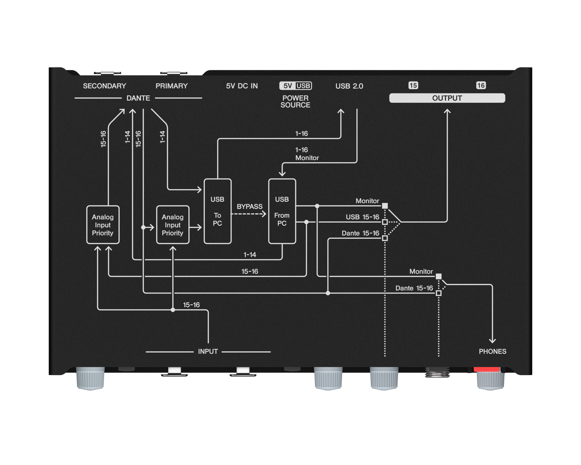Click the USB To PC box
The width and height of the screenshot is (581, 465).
pos(218,211)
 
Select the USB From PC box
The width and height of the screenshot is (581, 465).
pos(282,211)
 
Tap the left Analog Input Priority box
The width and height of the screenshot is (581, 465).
pos(103,225)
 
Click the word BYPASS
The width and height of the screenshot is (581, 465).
pos(249,206)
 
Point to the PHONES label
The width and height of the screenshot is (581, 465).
pos(492,351)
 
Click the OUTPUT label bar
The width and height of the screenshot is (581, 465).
pos(447,98)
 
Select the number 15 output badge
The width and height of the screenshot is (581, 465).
pos(413,85)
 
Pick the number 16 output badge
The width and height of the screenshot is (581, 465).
pos(481,85)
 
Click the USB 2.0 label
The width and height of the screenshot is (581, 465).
pos(349,86)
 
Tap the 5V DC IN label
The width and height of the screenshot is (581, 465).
pos(242,86)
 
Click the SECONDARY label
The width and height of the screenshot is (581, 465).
pos(105,86)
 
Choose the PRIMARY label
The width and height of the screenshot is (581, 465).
pos(171,86)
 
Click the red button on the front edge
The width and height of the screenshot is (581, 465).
pos(487,369)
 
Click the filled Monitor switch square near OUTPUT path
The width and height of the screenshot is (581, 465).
pos(385,206)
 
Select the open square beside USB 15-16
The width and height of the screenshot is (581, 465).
pos(385,222)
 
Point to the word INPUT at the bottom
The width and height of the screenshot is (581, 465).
pos(208,351)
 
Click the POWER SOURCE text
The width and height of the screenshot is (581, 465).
pos(295,101)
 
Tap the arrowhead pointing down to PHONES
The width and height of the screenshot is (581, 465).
pos(492,340)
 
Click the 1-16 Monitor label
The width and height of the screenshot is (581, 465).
pos(306,154)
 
